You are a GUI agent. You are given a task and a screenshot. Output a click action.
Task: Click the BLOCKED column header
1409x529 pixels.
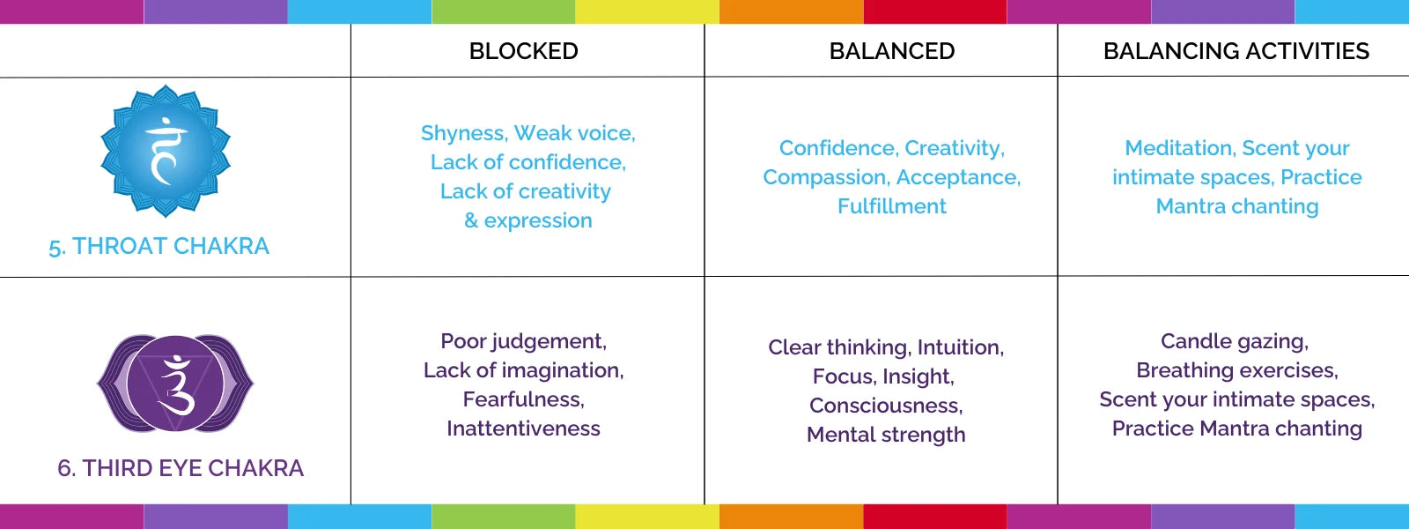tap(523, 51)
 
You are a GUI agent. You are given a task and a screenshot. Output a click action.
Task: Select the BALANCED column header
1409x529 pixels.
tap(892, 51)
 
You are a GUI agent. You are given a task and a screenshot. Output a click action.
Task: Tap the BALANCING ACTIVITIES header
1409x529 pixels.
tap(1236, 51)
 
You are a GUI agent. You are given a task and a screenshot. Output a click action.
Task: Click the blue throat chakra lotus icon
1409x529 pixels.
tap(166, 151)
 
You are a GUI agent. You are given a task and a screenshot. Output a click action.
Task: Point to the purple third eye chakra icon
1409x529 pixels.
tap(175, 383)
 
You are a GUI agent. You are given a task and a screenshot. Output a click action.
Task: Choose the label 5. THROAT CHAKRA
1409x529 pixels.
tap(159, 246)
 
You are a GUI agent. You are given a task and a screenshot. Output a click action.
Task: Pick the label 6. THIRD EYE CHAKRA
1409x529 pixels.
tap(181, 468)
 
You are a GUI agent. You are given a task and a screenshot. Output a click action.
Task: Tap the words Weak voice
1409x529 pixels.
tap(575, 133)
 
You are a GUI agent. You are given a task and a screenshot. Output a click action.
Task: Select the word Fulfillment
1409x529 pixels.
tap(892, 206)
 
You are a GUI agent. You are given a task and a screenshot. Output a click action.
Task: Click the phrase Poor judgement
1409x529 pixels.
tap(523, 341)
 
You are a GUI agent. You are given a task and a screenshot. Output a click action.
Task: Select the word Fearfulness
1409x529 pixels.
tap(523, 399)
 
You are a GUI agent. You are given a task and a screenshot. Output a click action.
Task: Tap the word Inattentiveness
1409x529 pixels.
tap(523, 428)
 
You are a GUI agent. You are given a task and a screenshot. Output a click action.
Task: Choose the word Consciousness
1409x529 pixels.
tap(886, 406)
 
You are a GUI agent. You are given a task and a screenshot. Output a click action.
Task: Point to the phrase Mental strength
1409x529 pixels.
tap(886, 435)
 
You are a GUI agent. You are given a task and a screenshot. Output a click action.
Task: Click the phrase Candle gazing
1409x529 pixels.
tap(1235, 341)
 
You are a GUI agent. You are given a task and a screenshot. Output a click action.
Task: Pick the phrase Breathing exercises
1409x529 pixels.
tap(1236, 370)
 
